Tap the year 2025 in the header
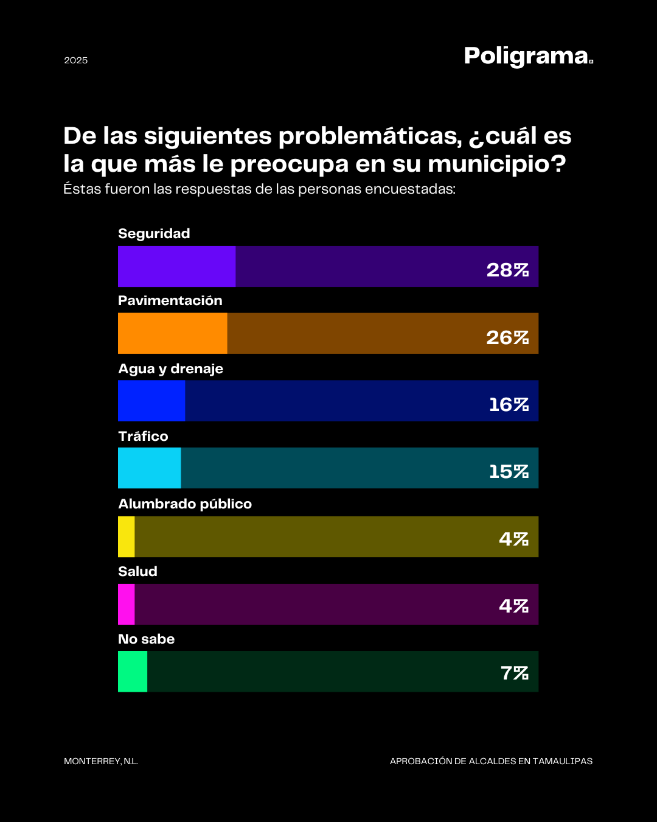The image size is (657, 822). [76, 60]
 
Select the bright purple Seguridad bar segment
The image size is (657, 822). [176, 266]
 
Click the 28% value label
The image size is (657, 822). [507, 270]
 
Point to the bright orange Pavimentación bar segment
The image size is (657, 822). [172, 333]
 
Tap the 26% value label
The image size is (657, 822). [507, 337]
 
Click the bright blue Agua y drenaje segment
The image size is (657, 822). [151, 401]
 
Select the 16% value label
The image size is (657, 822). [509, 404]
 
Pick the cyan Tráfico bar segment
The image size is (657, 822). [149, 468]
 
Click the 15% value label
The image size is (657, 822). [509, 471]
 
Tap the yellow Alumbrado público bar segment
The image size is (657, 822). [126, 536]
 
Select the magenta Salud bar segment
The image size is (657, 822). [126, 604]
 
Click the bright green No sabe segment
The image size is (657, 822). [133, 671]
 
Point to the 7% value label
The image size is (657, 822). [514, 673]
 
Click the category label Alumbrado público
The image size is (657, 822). [185, 504]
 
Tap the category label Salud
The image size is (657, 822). [137, 571]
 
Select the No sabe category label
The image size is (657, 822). [146, 639]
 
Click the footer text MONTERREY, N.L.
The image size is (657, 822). [101, 761]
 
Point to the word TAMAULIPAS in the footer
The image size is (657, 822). [563, 761]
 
